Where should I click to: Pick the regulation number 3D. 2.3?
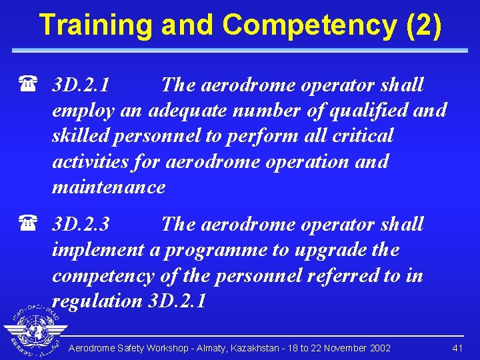click(x=81, y=225)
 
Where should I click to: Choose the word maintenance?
click(x=108, y=187)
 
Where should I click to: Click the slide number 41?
click(x=457, y=348)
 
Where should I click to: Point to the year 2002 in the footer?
click(x=380, y=348)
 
